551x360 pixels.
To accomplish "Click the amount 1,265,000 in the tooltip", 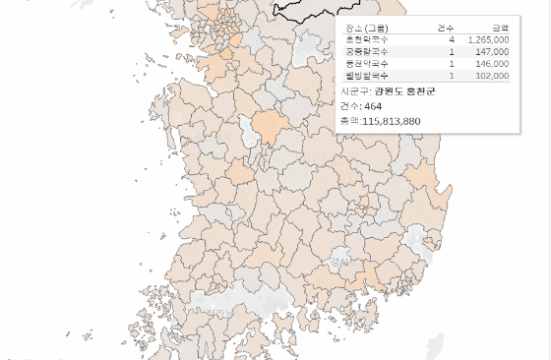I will [488, 40].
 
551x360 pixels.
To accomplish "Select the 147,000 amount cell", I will [492, 51].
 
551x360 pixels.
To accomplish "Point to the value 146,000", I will [492, 63].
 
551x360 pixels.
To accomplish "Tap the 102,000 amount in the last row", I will [492, 75].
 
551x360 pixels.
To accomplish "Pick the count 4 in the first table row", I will [451, 40].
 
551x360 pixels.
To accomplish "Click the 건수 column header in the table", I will [445, 29].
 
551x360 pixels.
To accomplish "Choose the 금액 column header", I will [499, 29].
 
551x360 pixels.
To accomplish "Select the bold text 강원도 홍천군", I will [403, 90].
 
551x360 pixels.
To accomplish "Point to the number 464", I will [373, 105].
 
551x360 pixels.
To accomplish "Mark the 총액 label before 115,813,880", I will [349, 120].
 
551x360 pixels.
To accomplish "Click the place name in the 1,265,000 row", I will [367, 40].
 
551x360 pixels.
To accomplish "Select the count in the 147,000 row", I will [451, 51].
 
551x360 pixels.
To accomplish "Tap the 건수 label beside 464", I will [349, 105].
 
